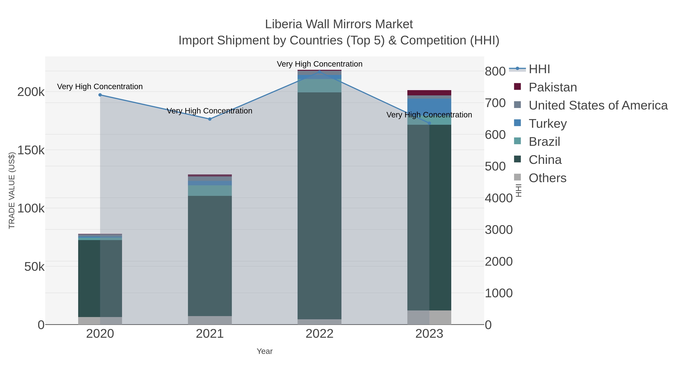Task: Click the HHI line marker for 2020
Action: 100,95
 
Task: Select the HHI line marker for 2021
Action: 210,119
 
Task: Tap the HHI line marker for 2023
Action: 429,123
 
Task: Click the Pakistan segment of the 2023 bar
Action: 429,93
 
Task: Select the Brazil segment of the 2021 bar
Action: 210,191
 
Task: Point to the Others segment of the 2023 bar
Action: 429,317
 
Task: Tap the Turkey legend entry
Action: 547,124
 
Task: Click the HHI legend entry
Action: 539,69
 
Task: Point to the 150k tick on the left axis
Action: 31,150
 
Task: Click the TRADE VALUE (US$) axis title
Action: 12,190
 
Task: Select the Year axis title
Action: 265,351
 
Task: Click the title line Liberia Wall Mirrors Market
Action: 339,24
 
